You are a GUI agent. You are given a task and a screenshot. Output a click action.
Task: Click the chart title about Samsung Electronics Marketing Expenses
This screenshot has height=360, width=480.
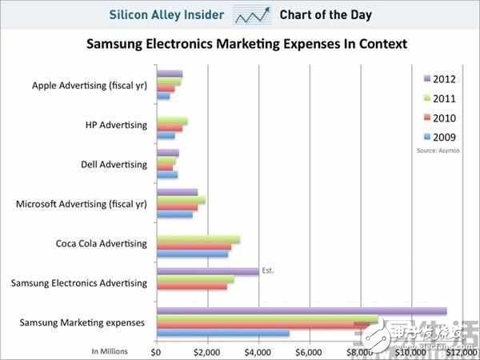pos(246,43)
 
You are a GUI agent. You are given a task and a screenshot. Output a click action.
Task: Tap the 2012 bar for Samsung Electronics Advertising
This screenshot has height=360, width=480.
pos(208,271)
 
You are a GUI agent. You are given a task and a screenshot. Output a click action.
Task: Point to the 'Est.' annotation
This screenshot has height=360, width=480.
pos(268,271)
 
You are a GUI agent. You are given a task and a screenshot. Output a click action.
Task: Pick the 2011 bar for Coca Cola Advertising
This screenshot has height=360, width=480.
pos(198,239)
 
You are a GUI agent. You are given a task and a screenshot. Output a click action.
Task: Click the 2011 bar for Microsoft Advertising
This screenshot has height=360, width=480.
pos(181,200)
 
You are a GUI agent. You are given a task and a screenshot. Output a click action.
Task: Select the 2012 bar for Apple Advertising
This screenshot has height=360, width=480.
pos(170,74)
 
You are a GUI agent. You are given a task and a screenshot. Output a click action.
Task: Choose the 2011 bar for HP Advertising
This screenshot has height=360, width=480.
pos(172,121)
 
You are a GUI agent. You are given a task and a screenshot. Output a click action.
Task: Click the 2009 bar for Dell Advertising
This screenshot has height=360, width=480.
pos(167,174)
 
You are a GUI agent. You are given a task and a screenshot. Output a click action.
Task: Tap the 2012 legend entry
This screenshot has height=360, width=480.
pos(439,78)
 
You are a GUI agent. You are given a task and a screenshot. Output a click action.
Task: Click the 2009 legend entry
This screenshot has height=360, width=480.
pos(439,136)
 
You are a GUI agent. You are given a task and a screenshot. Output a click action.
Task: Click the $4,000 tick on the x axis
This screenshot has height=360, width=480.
pos(258,350)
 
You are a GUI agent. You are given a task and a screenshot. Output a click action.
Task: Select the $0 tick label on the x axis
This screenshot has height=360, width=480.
pos(157,350)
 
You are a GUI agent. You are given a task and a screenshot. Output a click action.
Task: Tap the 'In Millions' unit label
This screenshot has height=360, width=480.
pos(110,350)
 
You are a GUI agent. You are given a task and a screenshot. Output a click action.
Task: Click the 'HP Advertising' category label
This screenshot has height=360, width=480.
pos(116,125)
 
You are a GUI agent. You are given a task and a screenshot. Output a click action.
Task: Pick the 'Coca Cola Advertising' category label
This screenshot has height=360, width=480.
pos(102,243)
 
